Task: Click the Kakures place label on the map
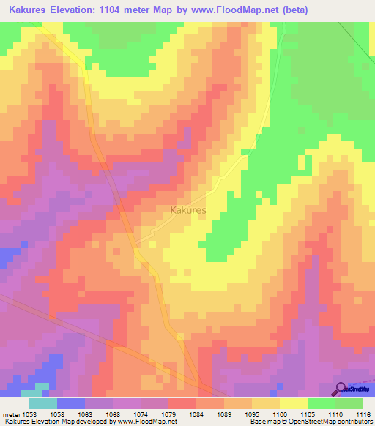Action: [187, 210]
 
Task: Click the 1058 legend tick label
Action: [57, 414]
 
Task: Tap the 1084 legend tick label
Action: [196, 414]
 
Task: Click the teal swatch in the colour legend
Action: [43, 403]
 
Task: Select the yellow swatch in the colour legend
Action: [294, 403]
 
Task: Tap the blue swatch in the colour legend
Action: [71, 403]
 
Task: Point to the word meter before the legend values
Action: [10, 414]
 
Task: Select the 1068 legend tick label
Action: [113, 414]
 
